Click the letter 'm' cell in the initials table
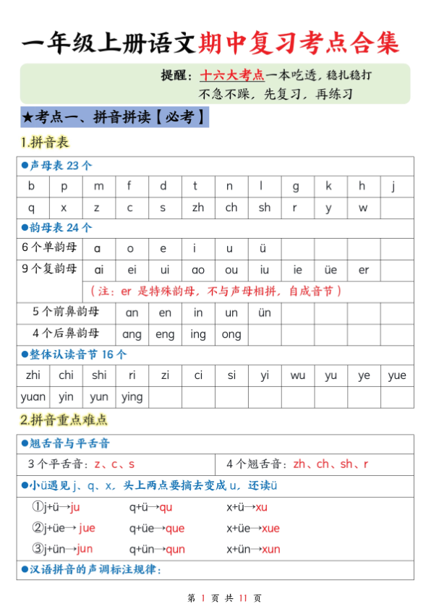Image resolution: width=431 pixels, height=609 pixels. coord(98,186)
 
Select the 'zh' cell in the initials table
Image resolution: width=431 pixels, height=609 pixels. coord(197,208)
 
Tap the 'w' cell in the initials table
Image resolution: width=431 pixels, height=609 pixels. coord(362,208)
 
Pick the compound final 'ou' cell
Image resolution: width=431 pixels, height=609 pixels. coord(231,270)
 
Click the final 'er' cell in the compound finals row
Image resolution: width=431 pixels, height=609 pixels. coord(363,270)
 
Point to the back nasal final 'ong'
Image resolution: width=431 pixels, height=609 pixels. coord(231,334)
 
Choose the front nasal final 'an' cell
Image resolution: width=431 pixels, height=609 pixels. coord(132,313)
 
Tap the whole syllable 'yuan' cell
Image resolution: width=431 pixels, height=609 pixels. coord(33,396)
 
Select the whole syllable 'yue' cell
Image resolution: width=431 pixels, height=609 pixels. coord(396,375)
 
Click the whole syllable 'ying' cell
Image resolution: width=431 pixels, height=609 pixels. coord(132,396)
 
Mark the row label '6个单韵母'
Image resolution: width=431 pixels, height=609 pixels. coord(48,248)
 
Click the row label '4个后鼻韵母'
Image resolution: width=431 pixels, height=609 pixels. coord(66,334)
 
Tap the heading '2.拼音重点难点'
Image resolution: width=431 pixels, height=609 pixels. coord(64,420)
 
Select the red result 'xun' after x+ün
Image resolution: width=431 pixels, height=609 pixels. coord(270,549)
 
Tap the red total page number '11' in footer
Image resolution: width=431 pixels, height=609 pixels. coord(243,597)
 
